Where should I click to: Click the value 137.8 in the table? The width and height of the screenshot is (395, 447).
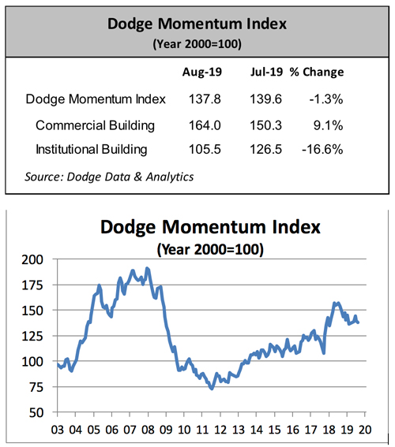(201, 99)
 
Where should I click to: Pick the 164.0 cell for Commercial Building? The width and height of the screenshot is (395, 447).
(201, 124)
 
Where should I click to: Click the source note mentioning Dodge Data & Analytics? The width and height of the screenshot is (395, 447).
(110, 176)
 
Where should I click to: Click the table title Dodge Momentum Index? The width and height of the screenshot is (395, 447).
(197, 23)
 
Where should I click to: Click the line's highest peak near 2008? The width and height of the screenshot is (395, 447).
(147, 270)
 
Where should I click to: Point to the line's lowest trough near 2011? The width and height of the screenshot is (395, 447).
(211, 388)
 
